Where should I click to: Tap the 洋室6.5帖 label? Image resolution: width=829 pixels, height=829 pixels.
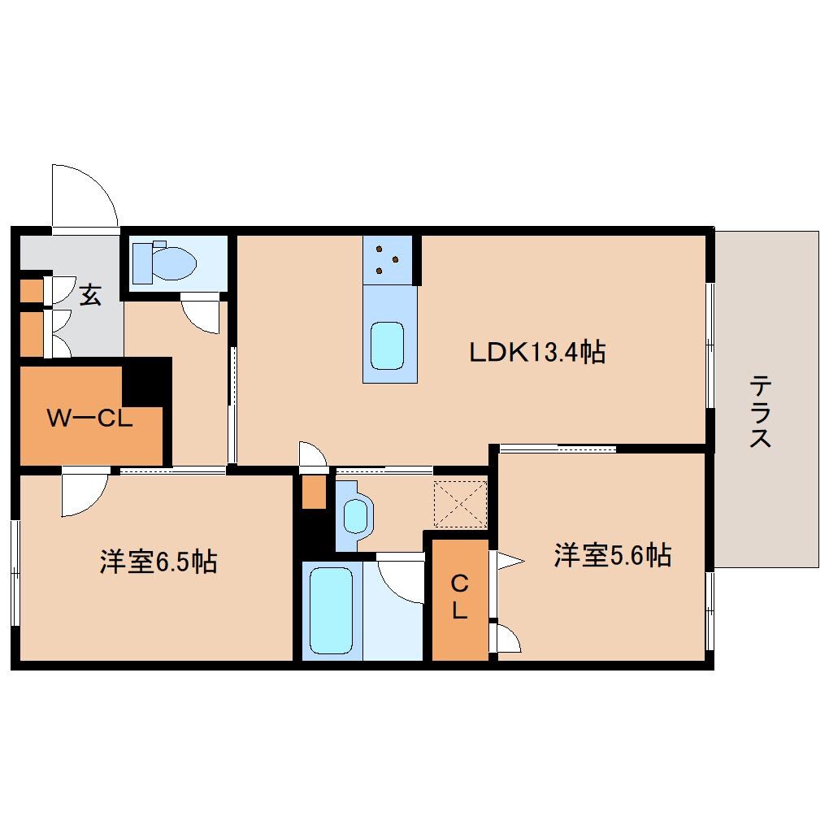click(158, 562)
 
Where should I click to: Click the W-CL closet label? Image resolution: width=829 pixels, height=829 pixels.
click(89, 419)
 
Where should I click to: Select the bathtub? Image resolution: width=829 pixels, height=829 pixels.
click(332, 610)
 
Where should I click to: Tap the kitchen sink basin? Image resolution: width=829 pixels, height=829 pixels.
click(388, 345)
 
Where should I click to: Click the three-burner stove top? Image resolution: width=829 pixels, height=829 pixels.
click(387, 260)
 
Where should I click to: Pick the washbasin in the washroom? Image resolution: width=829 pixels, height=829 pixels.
click(356, 514)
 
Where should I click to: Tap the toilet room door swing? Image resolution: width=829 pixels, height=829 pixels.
click(201, 313)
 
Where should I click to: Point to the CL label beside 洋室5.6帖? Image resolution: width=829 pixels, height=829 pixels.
click(459, 597)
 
